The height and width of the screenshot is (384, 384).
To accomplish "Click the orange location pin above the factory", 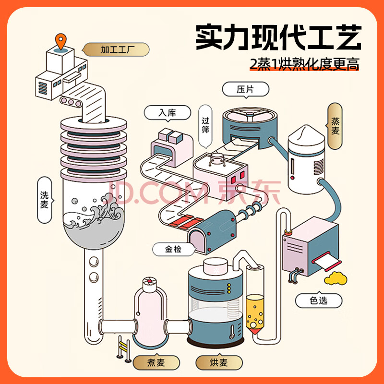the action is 61,41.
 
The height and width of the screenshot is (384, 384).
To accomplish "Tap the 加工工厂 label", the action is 116,49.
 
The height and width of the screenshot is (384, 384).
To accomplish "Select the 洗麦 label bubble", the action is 45,200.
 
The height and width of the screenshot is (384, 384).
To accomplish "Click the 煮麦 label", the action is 156,362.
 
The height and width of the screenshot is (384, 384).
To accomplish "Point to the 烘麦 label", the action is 219,362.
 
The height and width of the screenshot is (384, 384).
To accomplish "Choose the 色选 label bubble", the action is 318,300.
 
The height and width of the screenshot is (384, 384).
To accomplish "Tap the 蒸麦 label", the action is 335,126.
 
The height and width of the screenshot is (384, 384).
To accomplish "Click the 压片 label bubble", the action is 245,89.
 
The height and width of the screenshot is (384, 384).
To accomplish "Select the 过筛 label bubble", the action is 205,126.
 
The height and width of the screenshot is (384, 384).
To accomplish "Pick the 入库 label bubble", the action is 167,113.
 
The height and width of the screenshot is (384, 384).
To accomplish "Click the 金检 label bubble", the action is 174,249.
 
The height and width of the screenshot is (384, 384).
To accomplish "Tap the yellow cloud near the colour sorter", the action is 336,278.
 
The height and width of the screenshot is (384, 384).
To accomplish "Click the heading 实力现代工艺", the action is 278,37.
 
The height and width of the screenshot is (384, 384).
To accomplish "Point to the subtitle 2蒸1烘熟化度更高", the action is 304,64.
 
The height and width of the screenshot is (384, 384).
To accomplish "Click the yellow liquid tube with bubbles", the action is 255,313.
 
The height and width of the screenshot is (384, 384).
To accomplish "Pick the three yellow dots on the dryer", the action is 229,288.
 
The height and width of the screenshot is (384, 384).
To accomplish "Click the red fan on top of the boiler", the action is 149,281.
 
